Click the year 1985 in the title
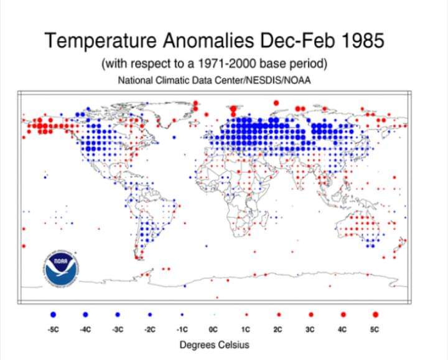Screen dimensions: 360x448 point(359,41)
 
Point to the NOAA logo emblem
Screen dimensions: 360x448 point(59,268)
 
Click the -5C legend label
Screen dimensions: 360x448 point(53,329)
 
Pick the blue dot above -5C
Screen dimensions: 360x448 point(54,315)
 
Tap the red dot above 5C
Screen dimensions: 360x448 point(375,315)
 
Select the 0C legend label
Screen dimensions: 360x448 point(214,329)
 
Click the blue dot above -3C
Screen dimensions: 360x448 point(118,315)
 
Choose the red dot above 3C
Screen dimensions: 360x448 point(310,315)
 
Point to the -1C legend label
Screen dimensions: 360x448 point(182,329)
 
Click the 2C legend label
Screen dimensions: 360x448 point(278,329)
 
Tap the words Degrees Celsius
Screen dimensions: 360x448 point(214,344)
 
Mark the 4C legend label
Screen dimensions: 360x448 point(342,329)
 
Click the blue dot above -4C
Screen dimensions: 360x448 point(85,315)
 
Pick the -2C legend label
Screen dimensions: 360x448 point(149,329)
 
